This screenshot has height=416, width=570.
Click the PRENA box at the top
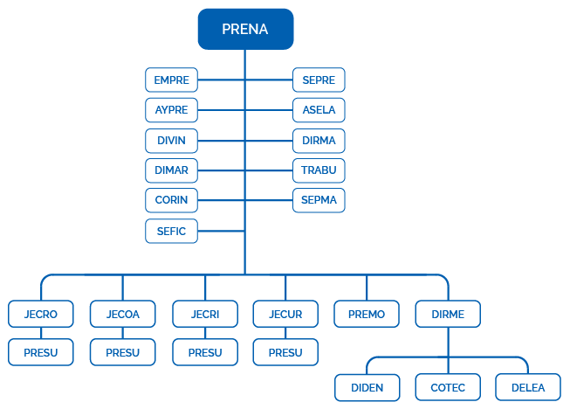(245, 30)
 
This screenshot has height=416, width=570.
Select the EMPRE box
(171, 80)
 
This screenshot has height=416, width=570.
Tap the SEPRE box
(319, 80)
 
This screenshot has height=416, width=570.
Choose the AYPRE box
(171, 110)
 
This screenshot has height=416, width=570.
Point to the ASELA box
(319, 110)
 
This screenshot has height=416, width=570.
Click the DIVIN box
(171, 140)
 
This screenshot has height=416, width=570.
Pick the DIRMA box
(319, 140)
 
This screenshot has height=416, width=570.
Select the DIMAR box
(171, 170)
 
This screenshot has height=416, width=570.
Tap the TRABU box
(319, 170)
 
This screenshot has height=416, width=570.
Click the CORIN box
(171, 200)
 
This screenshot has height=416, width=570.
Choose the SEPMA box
(319, 200)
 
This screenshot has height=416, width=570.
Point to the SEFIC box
(171, 231)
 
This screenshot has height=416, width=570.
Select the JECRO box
(40, 314)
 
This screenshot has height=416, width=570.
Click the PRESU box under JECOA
(122, 353)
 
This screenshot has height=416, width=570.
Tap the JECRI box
(204, 314)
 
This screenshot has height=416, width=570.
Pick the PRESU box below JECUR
(285, 353)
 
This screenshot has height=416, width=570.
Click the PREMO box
(367, 314)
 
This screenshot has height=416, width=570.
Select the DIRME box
(448, 314)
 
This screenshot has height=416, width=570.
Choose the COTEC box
(448, 387)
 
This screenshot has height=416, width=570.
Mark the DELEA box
(528, 387)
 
